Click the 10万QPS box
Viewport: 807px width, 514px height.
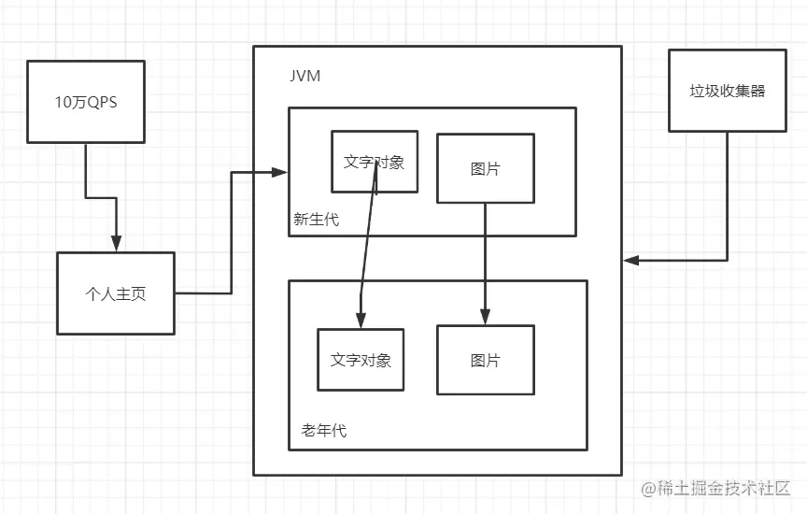(86, 102)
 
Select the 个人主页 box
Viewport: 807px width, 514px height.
(116, 293)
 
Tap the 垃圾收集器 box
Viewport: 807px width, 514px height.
(727, 91)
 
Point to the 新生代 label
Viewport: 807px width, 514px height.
(316, 220)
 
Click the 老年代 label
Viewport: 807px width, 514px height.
(324, 431)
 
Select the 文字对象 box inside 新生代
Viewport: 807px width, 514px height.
(375, 161)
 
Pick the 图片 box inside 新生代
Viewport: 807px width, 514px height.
(485, 168)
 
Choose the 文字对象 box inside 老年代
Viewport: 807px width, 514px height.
(361, 360)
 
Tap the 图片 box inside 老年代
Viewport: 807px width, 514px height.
(485, 360)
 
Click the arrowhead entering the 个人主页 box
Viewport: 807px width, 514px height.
(116, 245)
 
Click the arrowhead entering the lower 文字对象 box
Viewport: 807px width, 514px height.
(360, 321)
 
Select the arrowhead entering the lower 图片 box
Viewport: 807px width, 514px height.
(485, 317)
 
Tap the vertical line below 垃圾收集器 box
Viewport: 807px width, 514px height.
(727, 196)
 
